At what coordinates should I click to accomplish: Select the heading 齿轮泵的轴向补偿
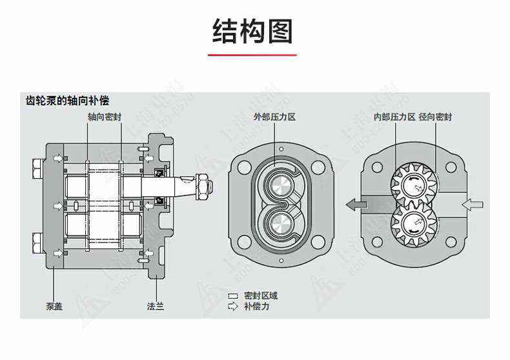coord(67,101)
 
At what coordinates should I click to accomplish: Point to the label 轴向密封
coord(105,117)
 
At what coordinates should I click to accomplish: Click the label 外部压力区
coord(274,117)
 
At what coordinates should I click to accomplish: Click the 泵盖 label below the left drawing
coord(54,306)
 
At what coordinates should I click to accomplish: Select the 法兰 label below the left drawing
coord(156,306)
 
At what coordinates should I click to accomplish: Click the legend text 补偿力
coord(256,306)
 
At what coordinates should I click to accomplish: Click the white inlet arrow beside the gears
coord(473,205)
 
